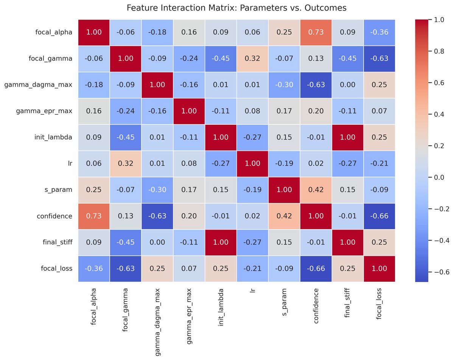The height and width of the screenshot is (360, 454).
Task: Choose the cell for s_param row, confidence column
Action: pos(316,189)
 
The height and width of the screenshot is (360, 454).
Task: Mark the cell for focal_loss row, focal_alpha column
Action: pos(94,268)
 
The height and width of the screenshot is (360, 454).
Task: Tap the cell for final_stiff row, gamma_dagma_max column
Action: pos(157,242)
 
